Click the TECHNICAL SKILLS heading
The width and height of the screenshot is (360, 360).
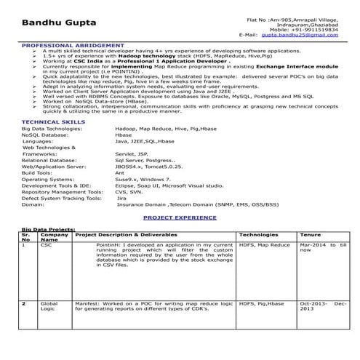pos(50,121)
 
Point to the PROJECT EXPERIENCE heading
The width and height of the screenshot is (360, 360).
pos(180,217)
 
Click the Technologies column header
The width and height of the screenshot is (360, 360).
pos(257,236)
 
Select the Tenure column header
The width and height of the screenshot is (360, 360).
pos(311,236)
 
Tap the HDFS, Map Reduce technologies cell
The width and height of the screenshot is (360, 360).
pos(264,246)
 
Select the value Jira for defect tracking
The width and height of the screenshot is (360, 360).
pos(121,197)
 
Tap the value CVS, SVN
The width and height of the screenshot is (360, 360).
pos(129,191)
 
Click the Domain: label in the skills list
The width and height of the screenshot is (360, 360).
pos(33,204)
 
